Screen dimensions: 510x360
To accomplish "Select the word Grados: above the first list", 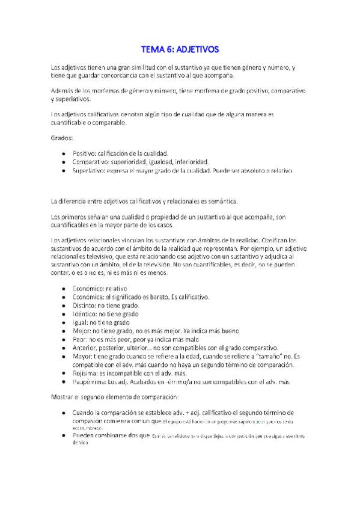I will pyautogui.click(x=62, y=139).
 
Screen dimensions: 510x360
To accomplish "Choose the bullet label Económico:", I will pyautogui.click(x=92, y=289).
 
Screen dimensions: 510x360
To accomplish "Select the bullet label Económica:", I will pyautogui.click(x=92, y=297).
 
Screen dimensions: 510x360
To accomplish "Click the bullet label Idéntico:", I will pyautogui.click(x=89, y=314).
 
